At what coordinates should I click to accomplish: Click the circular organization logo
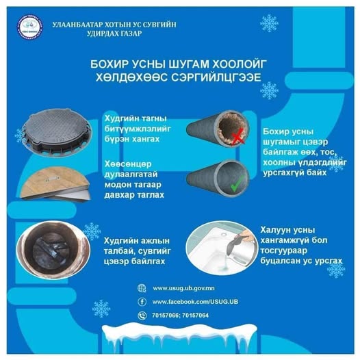29,27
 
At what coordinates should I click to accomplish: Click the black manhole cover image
57,133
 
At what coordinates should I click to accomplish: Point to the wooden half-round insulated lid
55,183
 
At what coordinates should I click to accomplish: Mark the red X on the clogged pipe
237,137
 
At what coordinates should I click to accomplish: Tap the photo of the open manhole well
53,250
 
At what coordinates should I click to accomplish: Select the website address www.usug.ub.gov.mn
183,288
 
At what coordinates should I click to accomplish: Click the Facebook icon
142,301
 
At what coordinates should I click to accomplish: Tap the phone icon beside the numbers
142,316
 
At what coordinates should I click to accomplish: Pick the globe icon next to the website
142,288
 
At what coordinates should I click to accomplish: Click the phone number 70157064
196,316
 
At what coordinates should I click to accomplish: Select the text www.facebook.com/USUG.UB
195,302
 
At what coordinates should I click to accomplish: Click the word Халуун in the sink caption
274,230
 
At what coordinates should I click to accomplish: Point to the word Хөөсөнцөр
128,164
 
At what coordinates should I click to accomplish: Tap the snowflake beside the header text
269,23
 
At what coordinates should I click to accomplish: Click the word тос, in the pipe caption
329,152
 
